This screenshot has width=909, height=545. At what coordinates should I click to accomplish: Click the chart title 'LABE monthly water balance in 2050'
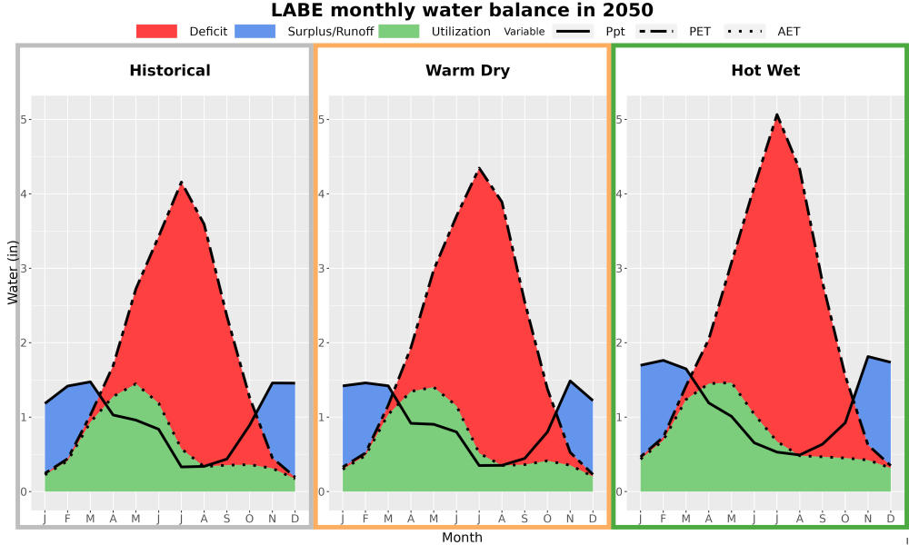[462, 10]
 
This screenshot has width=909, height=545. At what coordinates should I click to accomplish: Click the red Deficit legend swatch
[156, 31]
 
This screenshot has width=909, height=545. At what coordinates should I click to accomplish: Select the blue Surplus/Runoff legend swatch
[255, 31]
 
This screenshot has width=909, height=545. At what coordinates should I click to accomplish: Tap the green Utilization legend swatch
[399, 31]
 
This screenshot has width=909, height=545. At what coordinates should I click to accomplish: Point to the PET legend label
[700, 31]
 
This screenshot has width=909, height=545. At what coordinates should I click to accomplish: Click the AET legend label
[788, 31]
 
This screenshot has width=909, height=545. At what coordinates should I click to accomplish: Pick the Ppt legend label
[615, 32]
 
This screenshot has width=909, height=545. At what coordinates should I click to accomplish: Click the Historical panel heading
[170, 71]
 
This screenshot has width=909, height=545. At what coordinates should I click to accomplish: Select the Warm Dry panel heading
[468, 71]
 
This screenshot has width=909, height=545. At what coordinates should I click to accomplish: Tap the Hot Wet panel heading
[765, 71]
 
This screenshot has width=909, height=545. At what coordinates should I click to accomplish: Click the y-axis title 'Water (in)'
[12, 272]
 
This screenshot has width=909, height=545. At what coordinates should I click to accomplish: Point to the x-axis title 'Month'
[462, 538]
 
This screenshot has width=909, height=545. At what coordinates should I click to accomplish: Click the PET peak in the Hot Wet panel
[777, 114]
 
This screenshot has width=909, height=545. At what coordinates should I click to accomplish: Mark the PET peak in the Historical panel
[182, 182]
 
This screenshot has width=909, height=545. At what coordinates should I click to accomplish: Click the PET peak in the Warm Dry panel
[479, 168]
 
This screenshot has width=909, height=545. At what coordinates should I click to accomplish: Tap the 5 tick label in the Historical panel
[24, 119]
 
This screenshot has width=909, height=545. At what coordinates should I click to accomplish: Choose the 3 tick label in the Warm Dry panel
[322, 268]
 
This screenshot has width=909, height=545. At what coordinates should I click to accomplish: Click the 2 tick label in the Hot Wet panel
[620, 342]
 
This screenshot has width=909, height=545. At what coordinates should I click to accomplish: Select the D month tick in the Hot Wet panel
[891, 519]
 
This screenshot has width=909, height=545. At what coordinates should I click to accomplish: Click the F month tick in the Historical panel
[67, 519]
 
